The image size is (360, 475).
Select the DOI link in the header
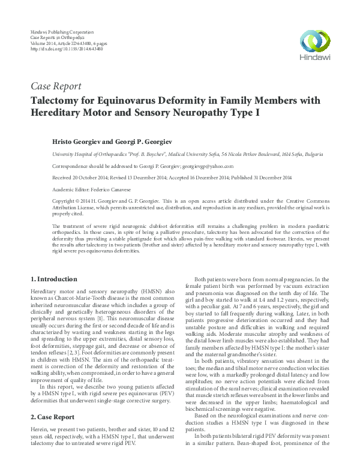click(x=63, y=49)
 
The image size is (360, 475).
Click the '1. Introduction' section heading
click(x=53, y=279)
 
